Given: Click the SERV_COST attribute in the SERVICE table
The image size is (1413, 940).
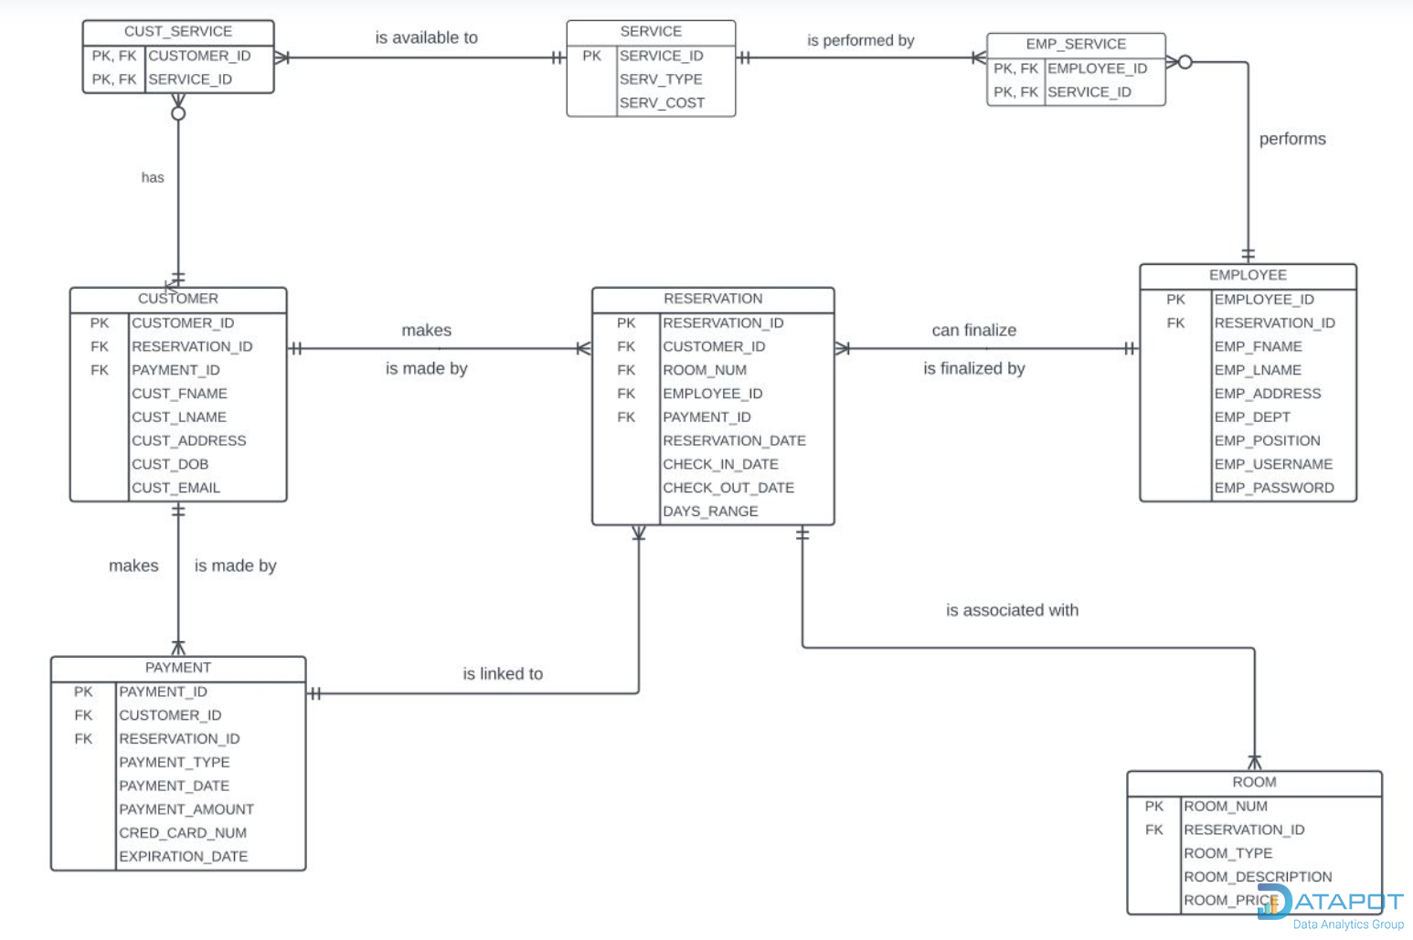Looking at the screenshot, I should [662, 103].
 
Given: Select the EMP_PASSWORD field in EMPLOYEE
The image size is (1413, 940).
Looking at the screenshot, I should [1273, 488].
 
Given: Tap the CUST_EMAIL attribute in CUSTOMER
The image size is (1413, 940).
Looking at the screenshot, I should [175, 488].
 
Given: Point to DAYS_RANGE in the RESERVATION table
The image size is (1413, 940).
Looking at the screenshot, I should [710, 512].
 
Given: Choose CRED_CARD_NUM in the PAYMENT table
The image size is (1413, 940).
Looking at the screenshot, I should [183, 833].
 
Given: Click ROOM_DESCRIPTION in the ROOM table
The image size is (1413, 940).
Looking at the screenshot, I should [1258, 877].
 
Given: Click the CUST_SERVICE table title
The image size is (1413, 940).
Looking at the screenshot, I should [178, 32].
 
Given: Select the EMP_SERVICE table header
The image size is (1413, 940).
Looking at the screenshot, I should [1076, 44].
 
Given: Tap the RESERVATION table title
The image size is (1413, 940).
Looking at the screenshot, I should [713, 299].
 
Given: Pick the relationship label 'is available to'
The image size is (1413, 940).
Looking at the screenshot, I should [426, 37].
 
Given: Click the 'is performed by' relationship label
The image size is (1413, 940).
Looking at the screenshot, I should [860, 40].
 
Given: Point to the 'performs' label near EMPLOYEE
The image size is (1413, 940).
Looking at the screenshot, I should [1292, 139].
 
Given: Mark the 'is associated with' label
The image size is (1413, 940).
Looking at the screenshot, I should [1012, 610].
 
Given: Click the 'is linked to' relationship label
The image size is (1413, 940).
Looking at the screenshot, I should [503, 674].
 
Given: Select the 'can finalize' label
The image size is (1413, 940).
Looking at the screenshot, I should [974, 331].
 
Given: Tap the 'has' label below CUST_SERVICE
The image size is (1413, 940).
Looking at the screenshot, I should [153, 177].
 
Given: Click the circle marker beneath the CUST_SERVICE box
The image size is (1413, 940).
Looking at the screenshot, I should [178, 113].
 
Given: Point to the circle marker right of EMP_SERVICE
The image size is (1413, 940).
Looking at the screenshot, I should [1185, 62].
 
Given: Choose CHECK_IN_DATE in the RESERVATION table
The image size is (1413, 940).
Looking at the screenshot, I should [720, 464].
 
